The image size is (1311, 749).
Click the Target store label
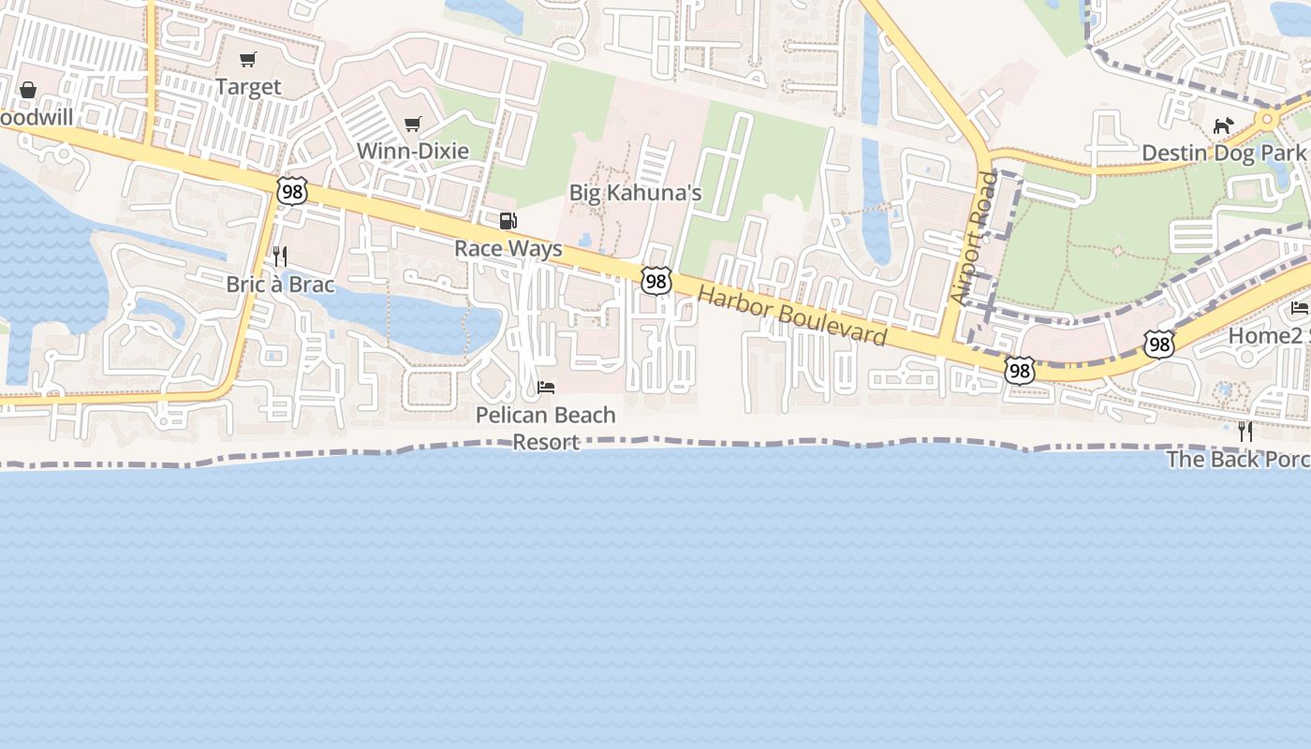(248, 87)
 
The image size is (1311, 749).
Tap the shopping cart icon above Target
(248, 60)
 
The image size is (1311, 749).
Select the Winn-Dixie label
(412, 151)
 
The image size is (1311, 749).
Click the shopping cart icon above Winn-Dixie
(412, 124)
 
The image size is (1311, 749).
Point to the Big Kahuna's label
(636, 193)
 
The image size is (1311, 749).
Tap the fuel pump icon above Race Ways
(508, 221)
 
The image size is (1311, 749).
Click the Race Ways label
(508, 248)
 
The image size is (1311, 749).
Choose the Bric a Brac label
(280, 284)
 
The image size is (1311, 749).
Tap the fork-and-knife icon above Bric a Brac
(279, 256)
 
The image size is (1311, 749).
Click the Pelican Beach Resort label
(546, 428)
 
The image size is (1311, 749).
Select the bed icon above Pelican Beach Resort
(546, 387)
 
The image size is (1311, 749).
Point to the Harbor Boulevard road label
(792, 316)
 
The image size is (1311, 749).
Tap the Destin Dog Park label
(1223, 153)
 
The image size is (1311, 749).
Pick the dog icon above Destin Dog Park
(1223, 125)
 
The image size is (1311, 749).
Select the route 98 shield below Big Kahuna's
(656, 280)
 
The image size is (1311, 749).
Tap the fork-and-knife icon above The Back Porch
(1245, 431)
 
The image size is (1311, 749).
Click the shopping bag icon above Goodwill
(28, 90)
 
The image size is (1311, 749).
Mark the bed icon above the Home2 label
(1300, 307)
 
